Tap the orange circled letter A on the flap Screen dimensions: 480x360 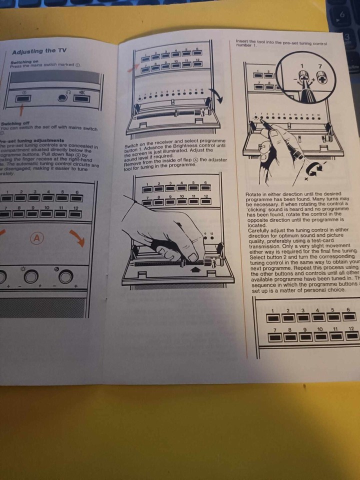click(x=36, y=238)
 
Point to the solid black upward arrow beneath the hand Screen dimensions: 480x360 click(x=194, y=270)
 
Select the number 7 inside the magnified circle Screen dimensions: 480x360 click(x=320, y=66)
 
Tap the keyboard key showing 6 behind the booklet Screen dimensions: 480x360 click(x=342, y=15)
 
